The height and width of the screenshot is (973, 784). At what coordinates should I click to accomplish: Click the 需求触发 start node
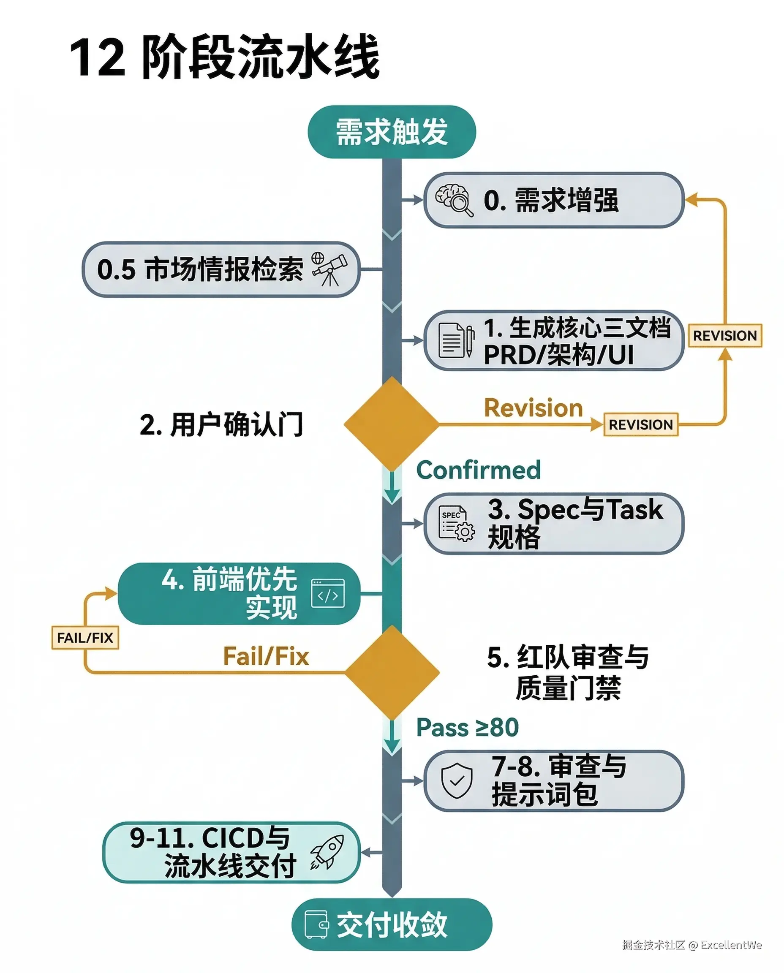392,132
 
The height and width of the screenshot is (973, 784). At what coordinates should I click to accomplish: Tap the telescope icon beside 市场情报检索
330,269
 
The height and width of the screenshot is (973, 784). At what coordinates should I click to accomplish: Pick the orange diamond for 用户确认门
392,424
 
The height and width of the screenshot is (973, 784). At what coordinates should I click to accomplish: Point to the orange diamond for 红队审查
392,672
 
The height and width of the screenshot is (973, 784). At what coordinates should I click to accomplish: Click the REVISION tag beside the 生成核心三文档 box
724,335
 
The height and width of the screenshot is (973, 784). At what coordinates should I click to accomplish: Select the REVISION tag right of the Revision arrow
640,424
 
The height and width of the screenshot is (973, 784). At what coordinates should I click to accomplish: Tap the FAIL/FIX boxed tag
85,638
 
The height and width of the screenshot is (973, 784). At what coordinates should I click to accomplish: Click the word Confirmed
478,470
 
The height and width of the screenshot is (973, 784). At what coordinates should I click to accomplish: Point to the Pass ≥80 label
468,727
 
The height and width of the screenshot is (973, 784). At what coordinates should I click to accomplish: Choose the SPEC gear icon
457,523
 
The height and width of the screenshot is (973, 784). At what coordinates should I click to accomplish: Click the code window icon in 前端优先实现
328,593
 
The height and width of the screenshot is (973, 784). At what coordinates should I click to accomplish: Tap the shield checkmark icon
457,780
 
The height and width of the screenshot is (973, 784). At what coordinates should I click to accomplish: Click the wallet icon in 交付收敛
316,924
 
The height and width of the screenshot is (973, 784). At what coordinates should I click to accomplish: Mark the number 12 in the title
97,58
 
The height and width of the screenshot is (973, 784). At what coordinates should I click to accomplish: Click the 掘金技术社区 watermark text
653,945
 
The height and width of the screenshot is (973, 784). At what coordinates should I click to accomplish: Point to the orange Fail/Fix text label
266,656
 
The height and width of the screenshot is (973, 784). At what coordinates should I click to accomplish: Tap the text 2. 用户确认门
221,424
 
